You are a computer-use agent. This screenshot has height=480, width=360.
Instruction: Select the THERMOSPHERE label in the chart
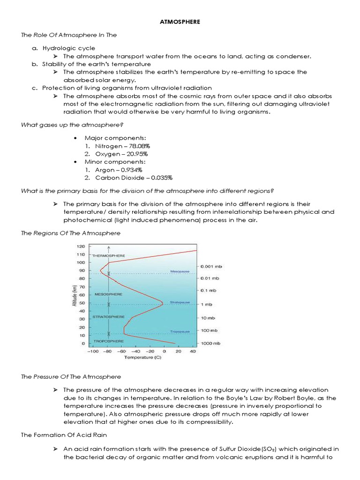pyautogui.click(x=109, y=255)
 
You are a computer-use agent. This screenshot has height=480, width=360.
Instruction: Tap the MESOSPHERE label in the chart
pyautogui.click(x=108, y=294)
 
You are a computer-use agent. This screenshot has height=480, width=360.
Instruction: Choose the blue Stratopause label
pyautogui.click(x=180, y=302)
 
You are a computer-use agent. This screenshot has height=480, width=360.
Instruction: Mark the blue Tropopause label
pyautogui.click(x=180, y=331)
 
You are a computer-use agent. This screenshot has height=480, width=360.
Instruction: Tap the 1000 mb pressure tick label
pyautogui.click(x=210, y=344)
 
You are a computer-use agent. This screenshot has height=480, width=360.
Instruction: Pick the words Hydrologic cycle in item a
pyautogui.click(x=68, y=48)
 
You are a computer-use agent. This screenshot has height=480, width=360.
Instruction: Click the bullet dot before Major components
pyautogui.click(x=75, y=138)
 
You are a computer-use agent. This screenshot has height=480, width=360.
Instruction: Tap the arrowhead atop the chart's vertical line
pyautogui.click(x=109, y=247)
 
